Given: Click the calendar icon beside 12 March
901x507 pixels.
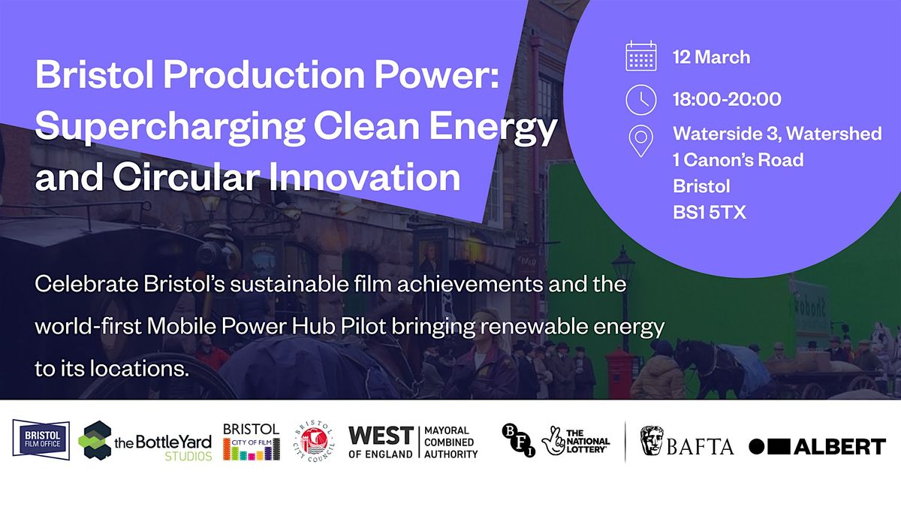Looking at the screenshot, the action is pos(641,56).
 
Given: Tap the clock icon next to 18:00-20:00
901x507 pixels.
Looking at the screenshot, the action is pos(641,99).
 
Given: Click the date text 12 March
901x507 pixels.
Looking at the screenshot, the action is pos(711,57).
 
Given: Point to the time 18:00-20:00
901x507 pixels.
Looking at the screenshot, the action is pos(727,99).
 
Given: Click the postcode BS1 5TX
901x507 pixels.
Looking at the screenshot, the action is pos(709,213).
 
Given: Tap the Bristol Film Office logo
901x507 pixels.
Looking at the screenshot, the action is pos(41,439).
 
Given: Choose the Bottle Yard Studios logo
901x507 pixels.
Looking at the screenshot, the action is pos(145,440).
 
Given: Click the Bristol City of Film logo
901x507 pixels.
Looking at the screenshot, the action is pos(252,442).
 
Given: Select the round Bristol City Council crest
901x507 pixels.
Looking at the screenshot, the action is pos(314,441).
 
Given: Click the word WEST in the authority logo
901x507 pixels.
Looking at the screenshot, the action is pos(381,436).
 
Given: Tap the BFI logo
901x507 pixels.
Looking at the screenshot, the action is pos(519,440).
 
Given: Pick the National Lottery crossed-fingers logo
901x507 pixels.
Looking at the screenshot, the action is pos(575,441).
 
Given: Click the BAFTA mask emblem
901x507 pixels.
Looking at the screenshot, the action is pos(652,441).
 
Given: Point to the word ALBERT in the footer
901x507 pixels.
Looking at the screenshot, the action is pos(840,447).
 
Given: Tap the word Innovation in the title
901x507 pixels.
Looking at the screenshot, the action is pos(364,177).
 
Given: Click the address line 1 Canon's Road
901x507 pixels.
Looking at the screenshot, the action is pos(738,160).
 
